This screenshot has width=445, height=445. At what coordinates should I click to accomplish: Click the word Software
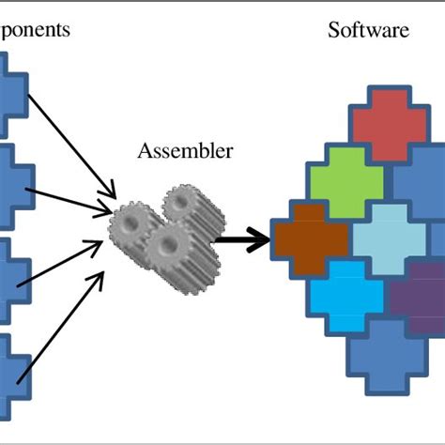(x=368, y=30)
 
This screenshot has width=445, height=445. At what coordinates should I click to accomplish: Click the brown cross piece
(x=307, y=238)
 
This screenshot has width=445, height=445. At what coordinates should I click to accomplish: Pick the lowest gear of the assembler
(x=169, y=249)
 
